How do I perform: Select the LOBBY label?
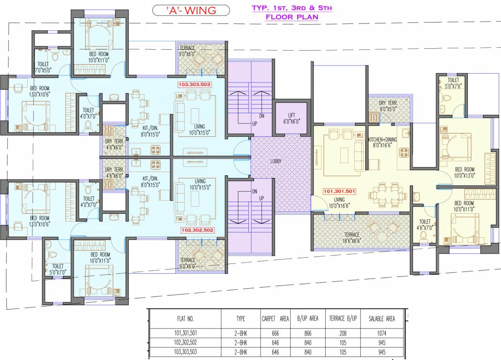click(x=277, y=161)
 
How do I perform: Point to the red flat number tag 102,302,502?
click(x=197, y=230)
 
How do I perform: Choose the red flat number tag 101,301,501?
click(x=340, y=191)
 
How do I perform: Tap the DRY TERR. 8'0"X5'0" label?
click(x=388, y=105)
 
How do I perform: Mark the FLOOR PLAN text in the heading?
click(x=292, y=17)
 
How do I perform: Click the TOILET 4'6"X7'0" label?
click(x=425, y=225)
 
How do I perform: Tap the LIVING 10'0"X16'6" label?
click(x=340, y=202)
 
